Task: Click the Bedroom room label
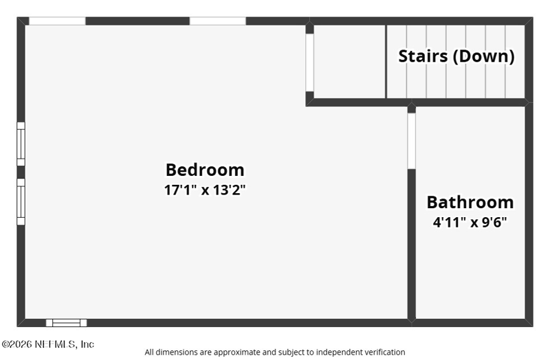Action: [x=205, y=170]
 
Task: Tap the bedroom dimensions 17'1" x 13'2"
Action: [x=205, y=190]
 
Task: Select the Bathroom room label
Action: [x=470, y=202]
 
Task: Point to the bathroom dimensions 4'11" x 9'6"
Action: [x=470, y=222]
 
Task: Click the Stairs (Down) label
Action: [x=456, y=56]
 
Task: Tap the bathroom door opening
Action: [x=411, y=141]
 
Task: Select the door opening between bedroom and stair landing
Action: [x=310, y=63]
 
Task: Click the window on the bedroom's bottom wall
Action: [x=66, y=323]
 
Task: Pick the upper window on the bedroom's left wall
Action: [x=21, y=144]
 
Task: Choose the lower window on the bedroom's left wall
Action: [x=21, y=201]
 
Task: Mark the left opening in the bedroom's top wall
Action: [x=57, y=21]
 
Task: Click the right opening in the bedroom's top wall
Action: [x=218, y=21]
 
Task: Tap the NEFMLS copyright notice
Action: [x=48, y=344]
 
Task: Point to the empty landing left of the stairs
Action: [x=350, y=62]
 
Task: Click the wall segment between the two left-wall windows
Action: [x=21, y=172]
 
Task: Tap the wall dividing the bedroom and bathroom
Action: [x=411, y=244]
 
